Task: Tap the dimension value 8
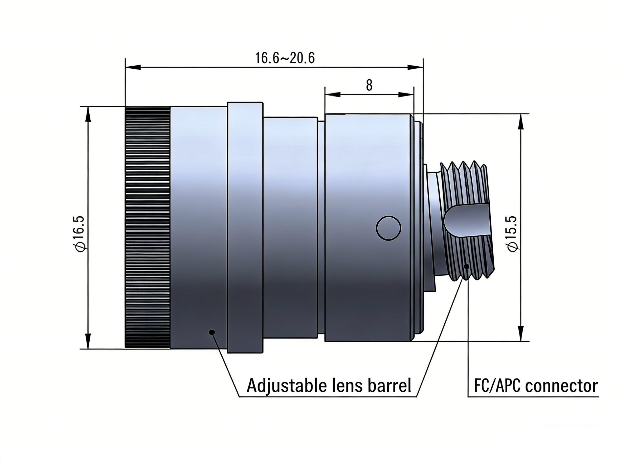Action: [x=369, y=85]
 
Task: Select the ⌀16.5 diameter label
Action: [x=80, y=234]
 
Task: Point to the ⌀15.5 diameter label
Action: [x=512, y=234]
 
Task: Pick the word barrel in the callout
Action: [x=389, y=386]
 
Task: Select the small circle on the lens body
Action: [x=388, y=228]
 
